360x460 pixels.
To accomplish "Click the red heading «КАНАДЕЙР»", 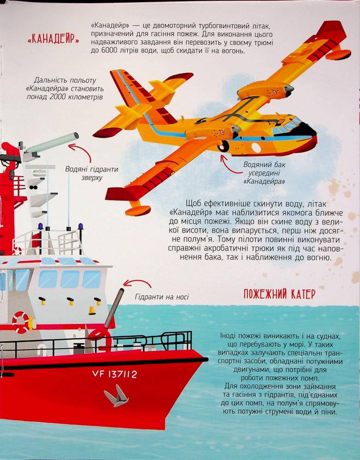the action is (x=53, y=39).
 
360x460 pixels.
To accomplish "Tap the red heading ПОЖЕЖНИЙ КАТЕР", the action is (x=280, y=293).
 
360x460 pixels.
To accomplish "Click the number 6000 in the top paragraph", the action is (x=109, y=51).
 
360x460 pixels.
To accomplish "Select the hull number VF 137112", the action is (x=114, y=374).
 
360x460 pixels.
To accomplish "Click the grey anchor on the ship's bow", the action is (x=117, y=397).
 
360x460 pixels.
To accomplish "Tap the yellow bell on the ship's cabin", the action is (x=92, y=310).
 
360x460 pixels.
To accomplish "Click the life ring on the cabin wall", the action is (x=21, y=322).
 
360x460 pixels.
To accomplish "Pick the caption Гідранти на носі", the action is (x=162, y=297).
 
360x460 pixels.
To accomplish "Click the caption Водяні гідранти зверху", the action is (x=92, y=173).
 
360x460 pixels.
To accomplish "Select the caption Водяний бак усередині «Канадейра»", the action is (x=264, y=173).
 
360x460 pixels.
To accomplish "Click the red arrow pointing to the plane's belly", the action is (x=226, y=164).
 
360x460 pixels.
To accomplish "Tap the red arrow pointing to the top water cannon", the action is (x=81, y=149).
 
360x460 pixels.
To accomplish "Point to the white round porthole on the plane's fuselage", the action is (x=256, y=148).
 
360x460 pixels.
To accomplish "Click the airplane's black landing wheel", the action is (x=224, y=146).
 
